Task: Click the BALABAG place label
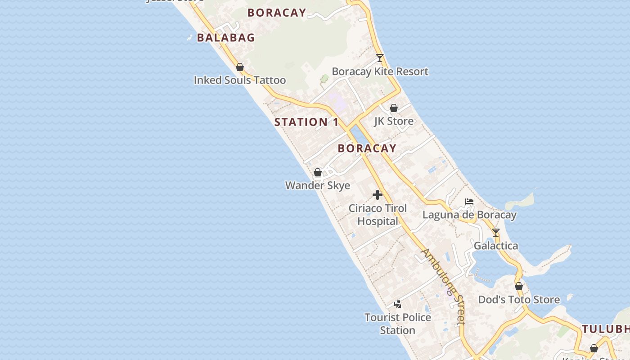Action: (226, 38)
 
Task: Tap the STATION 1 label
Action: (306, 122)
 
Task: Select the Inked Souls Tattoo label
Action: (239, 80)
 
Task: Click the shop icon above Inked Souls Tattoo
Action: (240, 67)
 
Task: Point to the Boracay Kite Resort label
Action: (380, 72)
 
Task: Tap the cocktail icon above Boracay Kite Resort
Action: (380, 58)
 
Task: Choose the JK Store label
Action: (394, 121)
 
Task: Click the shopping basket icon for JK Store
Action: (394, 108)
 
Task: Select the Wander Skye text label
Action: (318, 185)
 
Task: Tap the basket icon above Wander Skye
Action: (318, 172)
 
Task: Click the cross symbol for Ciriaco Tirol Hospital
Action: (378, 195)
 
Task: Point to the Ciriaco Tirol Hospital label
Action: (378, 215)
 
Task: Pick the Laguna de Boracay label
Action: (469, 215)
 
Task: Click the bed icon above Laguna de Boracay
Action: (469, 202)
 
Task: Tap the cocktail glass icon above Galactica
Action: (496, 233)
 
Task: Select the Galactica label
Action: (496, 246)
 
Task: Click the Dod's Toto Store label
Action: (519, 300)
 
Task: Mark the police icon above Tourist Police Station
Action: (398, 304)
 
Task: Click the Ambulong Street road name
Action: (443, 286)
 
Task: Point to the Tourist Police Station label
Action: (398, 324)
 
